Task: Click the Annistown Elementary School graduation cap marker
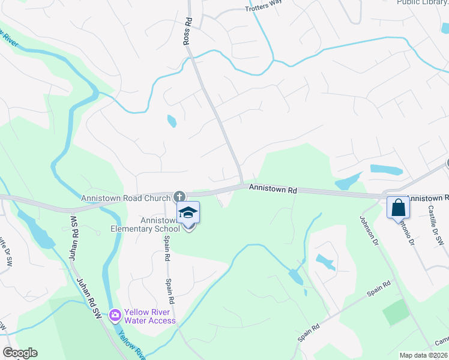[188, 214]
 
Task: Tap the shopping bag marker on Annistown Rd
[398, 209]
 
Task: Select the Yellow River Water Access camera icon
[115, 314]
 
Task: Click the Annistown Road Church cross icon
[179, 196]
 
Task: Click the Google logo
[20, 353]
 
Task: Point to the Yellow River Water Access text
[150, 317]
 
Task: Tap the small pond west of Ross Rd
[172, 121]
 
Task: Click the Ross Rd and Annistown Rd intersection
[241, 185]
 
